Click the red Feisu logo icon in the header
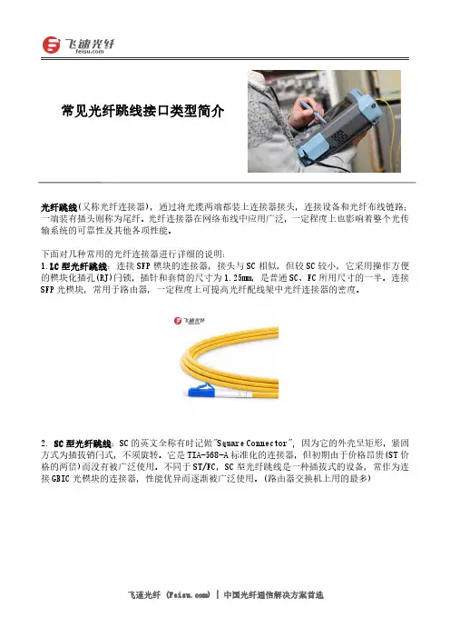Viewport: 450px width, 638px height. pos(51,45)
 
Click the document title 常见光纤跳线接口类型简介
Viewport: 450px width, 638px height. pos(142,111)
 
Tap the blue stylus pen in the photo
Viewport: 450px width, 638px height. pos(314,111)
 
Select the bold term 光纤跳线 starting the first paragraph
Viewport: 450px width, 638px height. pos(58,207)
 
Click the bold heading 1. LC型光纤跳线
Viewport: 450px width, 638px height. pos(74,267)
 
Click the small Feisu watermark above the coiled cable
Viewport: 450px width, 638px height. pos(190,321)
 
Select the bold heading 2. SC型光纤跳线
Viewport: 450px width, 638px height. pos(76,444)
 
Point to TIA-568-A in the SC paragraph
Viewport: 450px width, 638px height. pos(208,455)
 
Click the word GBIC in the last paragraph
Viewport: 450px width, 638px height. pos(61,478)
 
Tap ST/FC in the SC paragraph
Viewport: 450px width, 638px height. pos(206,467)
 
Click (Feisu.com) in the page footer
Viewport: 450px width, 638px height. pos(188,595)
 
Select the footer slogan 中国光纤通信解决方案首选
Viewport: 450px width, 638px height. pos(273,595)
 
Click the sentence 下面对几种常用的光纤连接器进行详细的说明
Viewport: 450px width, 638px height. pos(132,254)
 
